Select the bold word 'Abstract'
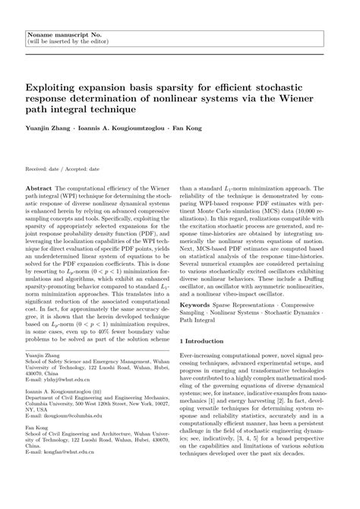pos(39,187)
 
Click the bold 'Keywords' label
pos(195,304)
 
